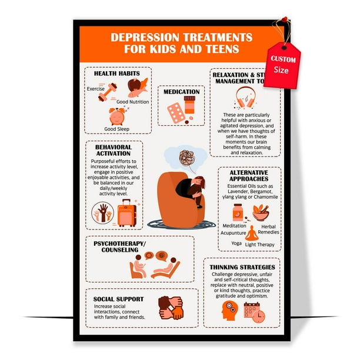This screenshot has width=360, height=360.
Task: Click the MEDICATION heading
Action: [181, 92]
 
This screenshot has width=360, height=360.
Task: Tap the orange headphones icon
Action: [245, 96]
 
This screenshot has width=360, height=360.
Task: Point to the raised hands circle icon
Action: [104, 213]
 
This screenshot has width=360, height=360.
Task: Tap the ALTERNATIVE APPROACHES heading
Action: [249, 175]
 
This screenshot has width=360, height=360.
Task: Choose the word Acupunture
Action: [234, 232]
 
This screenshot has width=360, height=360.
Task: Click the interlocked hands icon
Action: [171, 308]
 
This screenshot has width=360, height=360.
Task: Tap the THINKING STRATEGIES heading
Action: [242, 267]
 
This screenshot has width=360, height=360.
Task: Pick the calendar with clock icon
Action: [254, 312]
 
